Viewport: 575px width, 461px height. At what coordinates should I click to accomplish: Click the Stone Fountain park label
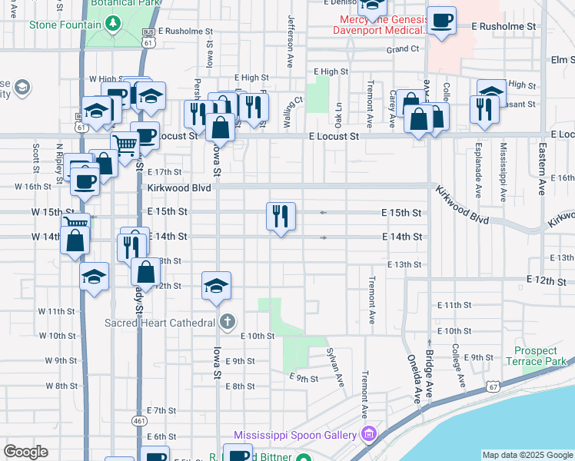[x=65, y=25]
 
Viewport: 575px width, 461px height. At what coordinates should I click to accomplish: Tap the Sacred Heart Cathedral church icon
[x=227, y=322]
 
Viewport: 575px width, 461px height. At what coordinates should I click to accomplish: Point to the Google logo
[x=25, y=452]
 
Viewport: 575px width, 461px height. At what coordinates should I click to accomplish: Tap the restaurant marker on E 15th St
[x=281, y=216]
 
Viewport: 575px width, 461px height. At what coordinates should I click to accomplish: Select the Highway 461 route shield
[x=139, y=420]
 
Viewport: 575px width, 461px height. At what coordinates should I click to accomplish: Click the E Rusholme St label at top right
[x=504, y=26]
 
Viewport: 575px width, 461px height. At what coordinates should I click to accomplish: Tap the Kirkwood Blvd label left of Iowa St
[x=179, y=187]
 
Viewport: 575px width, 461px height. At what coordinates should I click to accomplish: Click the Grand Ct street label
[x=403, y=49]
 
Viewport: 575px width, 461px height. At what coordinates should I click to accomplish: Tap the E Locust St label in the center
[x=334, y=136]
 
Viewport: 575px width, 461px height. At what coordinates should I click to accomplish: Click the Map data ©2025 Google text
[x=527, y=455]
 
